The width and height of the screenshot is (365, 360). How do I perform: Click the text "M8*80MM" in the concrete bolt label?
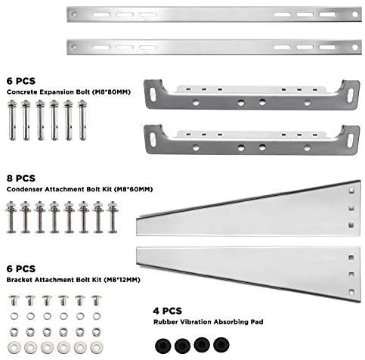coord(111,92)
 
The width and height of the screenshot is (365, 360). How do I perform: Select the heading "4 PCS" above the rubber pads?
coord(167,311)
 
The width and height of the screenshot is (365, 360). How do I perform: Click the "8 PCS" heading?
coord(21,178)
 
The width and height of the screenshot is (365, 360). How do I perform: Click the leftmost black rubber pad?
coord(163,346)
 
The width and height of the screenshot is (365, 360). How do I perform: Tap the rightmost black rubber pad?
coord(221,344)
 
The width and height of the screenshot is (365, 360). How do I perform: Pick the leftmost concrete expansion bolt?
coord(12,120)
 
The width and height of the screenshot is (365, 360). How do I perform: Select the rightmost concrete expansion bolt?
coord(82,120)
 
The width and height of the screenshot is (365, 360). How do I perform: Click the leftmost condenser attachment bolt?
coord(11,217)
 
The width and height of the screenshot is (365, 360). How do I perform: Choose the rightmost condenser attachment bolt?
coord(113,217)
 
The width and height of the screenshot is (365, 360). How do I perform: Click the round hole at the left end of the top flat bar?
coord(73,14)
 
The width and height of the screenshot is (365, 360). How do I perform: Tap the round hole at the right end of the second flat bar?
coord(355,47)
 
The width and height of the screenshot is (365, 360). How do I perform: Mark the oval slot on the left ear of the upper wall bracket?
coord(153,95)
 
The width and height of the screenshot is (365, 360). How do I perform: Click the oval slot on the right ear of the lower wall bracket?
coord(351,141)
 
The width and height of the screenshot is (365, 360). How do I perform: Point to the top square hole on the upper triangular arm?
coord(351,191)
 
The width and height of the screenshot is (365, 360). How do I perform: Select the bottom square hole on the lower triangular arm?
coord(351,292)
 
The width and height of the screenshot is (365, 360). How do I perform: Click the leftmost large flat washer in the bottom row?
coord(14,348)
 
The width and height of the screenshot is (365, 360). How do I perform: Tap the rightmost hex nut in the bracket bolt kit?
coord(97,332)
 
